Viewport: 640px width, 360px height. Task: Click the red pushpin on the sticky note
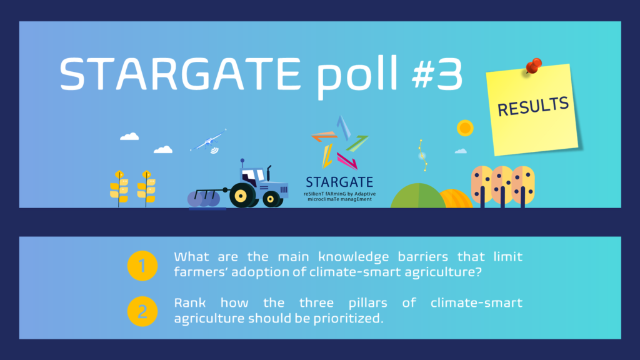[x=534, y=65]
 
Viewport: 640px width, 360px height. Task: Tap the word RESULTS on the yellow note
[x=532, y=106]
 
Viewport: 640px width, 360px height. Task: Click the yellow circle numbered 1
[x=142, y=266]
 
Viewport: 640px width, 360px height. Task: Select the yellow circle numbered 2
[x=142, y=311]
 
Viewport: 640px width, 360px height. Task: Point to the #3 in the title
[x=437, y=74]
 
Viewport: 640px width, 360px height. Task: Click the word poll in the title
[x=357, y=76]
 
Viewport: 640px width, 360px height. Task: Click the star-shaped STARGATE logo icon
[x=340, y=142]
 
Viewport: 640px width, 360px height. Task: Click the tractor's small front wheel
[x=271, y=199]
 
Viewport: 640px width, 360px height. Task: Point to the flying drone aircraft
[x=209, y=142]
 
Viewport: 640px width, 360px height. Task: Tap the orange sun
[x=465, y=128]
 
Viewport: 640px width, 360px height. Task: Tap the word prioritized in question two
[x=348, y=319]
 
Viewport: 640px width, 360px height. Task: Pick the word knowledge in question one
[x=354, y=257]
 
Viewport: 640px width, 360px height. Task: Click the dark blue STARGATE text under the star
[x=339, y=182]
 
